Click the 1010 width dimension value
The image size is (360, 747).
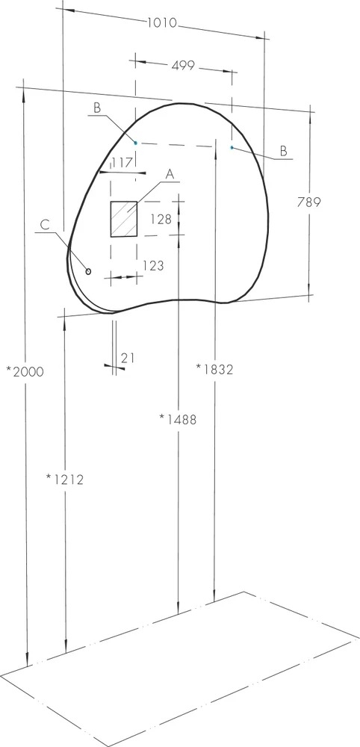tap(162, 22)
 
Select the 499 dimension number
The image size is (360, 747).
tap(183, 65)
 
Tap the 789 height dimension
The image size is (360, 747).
tap(309, 202)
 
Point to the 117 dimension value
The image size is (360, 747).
tap(122, 163)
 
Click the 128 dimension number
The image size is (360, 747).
tap(161, 219)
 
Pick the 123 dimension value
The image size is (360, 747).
tap(153, 265)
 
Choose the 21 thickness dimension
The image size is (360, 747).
tap(127, 358)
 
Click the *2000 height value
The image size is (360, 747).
tap(25, 371)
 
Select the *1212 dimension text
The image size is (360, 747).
tap(65, 480)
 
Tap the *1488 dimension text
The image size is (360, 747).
tap(178, 419)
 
